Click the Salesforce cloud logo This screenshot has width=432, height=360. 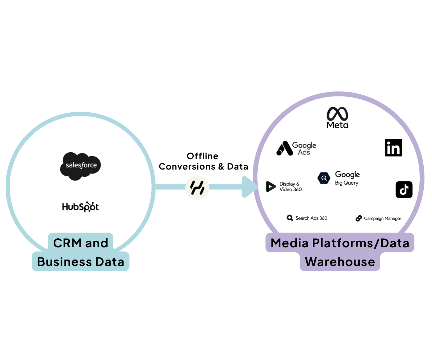pyautogui.click(x=80, y=166)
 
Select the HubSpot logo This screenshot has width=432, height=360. pyautogui.click(x=80, y=207)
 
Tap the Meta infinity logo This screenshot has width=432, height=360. pyautogui.click(x=337, y=114)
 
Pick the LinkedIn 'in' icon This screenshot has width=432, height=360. pyautogui.click(x=393, y=148)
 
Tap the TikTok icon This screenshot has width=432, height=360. pyautogui.click(x=404, y=189)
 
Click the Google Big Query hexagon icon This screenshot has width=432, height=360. pyautogui.click(x=324, y=177)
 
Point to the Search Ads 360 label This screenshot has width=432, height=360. pyautogui.click(x=311, y=218)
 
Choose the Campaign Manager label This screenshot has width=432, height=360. pyautogui.click(x=382, y=219)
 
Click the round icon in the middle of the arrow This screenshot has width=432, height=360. pyautogui.click(x=197, y=187)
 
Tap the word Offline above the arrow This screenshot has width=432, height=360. pyautogui.click(x=202, y=156)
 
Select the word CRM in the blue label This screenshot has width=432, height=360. pyautogui.click(x=67, y=243)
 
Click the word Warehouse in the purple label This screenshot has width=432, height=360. pyautogui.click(x=340, y=262)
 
